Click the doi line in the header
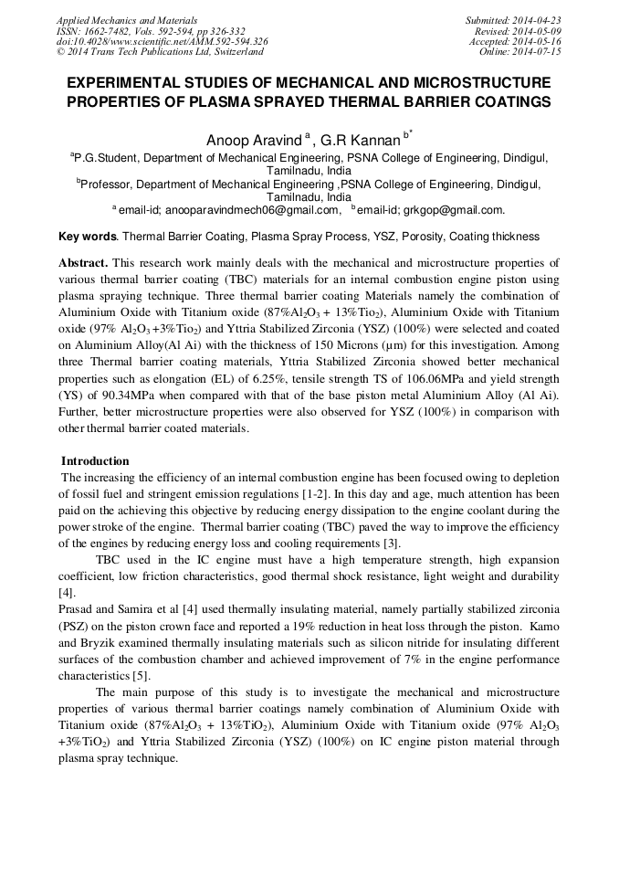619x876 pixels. [162, 42]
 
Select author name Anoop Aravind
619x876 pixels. [255, 140]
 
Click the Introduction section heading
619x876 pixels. [95, 461]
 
